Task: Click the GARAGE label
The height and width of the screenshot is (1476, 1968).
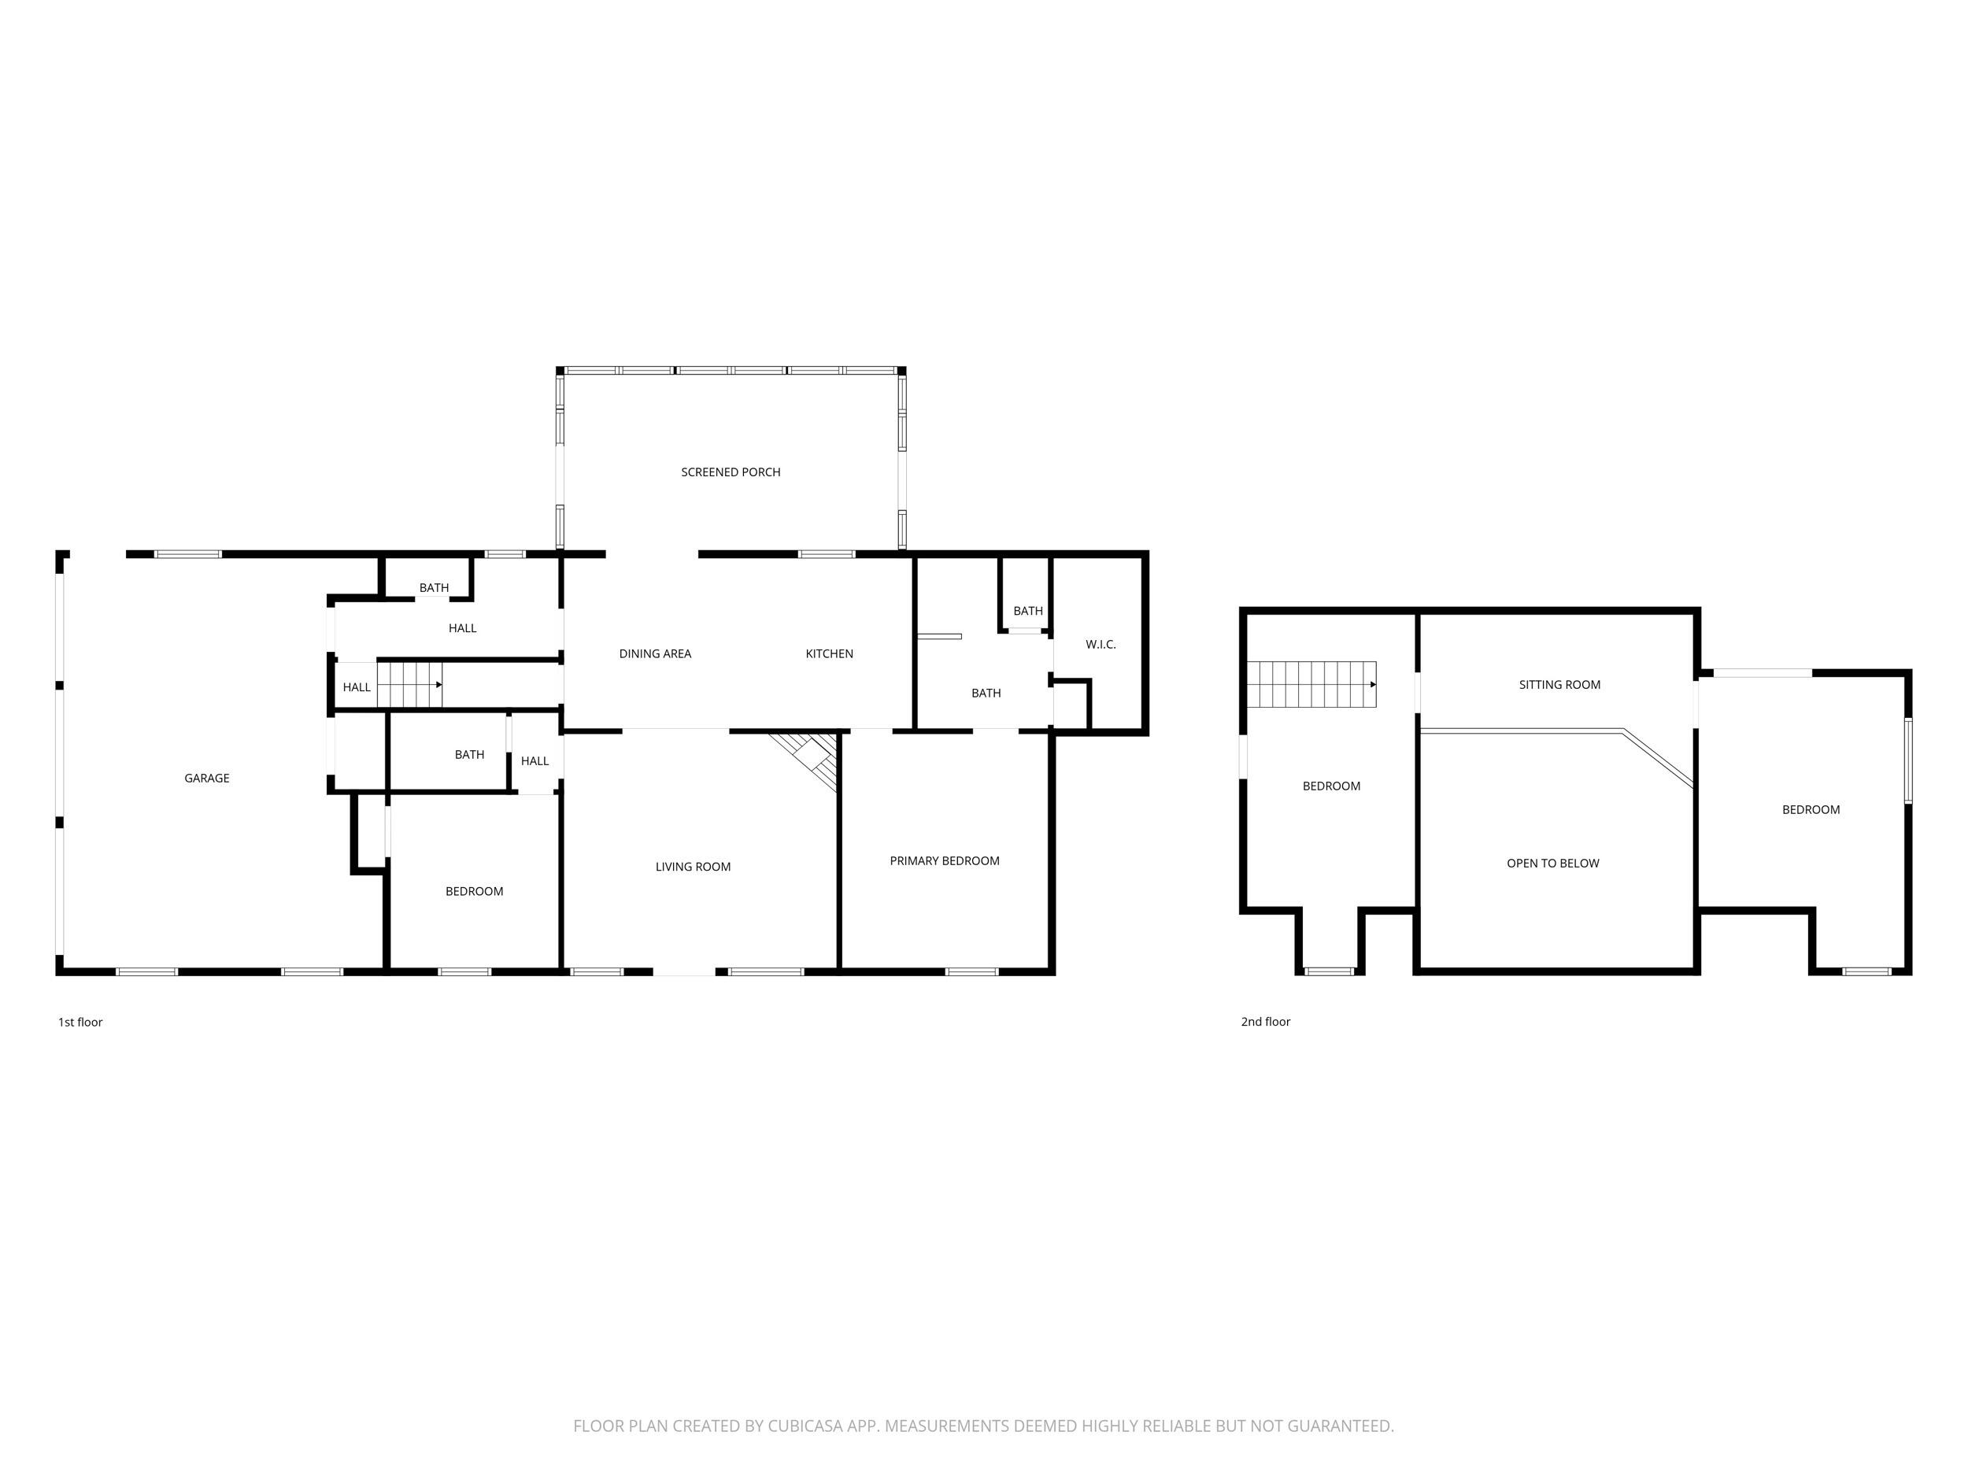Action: [x=206, y=779]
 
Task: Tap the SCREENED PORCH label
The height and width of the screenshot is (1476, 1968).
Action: [x=731, y=472]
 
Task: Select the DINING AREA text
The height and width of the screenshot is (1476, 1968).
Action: [x=655, y=654]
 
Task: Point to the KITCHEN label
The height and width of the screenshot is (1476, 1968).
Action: [x=829, y=654]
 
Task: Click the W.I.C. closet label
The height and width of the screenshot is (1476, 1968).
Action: [x=1101, y=644]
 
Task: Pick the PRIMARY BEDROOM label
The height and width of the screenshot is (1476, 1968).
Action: [x=944, y=860]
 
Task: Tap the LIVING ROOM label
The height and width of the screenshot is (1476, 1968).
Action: [x=692, y=867]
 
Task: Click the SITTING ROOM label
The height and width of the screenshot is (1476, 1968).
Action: [x=1559, y=685]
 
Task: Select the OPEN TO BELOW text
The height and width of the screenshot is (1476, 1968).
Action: [x=1552, y=863]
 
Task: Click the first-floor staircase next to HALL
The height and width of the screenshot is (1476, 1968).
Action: [x=410, y=685]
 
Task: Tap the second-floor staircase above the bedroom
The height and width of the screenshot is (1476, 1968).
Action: [x=1311, y=684]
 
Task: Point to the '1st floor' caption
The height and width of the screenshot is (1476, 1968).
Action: [x=80, y=1023]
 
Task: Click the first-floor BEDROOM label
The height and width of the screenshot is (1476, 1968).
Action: [x=474, y=891]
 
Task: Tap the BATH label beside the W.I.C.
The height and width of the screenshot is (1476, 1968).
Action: [x=1027, y=611]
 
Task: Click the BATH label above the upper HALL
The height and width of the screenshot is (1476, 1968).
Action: [x=435, y=588]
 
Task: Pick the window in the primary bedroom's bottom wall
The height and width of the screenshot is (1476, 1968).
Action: [x=971, y=971]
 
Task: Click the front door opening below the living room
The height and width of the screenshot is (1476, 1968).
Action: [x=683, y=971]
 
